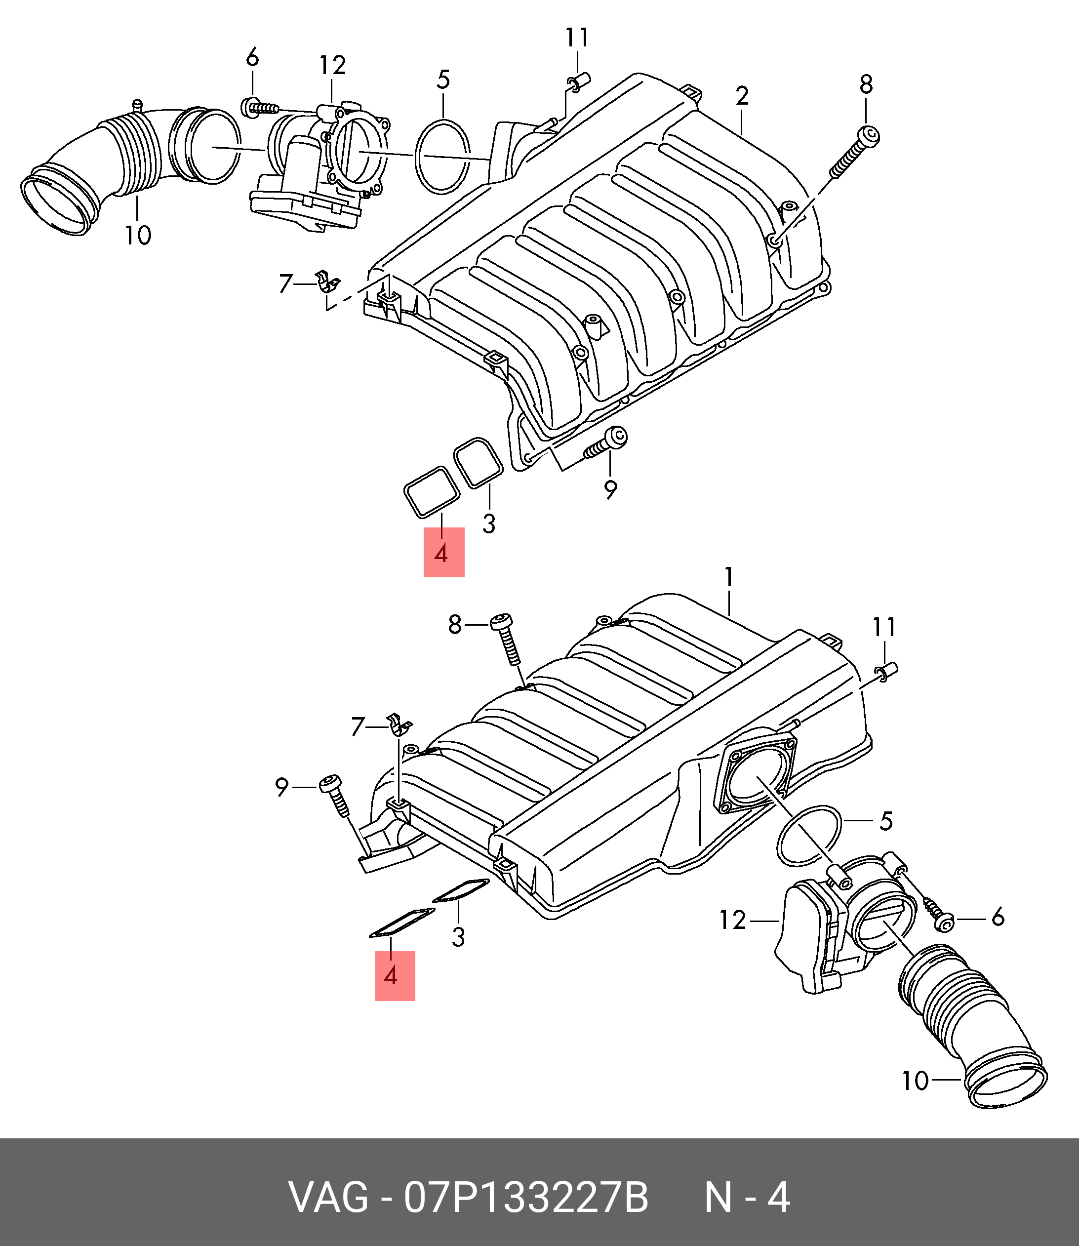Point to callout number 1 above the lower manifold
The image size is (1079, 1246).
(728, 577)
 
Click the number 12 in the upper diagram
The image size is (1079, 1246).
(332, 65)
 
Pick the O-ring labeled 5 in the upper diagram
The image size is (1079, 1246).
(442, 157)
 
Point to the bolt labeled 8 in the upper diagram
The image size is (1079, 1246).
(852, 154)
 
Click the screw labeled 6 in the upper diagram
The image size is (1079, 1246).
(259, 108)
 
